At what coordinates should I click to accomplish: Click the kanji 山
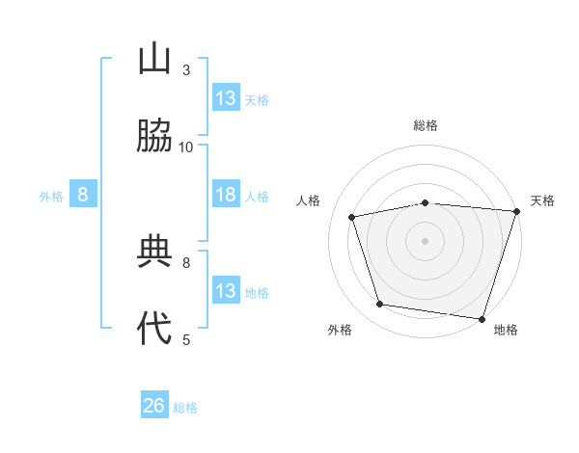pyautogui.click(x=154, y=59)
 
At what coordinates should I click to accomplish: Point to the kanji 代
pyautogui.click(x=154, y=328)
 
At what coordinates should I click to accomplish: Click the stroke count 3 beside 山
pyautogui.click(x=186, y=69)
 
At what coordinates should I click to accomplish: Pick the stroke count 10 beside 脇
pyautogui.click(x=186, y=147)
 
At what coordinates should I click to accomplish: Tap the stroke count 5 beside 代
pyautogui.click(x=186, y=338)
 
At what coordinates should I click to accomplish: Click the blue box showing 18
pyautogui.click(x=226, y=195)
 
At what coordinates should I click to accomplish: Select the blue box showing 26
pyautogui.click(x=154, y=406)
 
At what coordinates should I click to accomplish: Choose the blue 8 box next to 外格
pyautogui.click(x=83, y=195)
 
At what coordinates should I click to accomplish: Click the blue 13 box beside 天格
pyautogui.click(x=226, y=98)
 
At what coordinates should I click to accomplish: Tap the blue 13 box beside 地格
pyautogui.click(x=226, y=291)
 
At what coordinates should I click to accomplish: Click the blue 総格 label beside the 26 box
pyautogui.click(x=186, y=408)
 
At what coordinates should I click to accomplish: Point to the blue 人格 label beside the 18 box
pyautogui.click(x=257, y=196)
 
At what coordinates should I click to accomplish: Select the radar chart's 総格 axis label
pyautogui.click(x=426, y=125)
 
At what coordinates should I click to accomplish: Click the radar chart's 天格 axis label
pyautogui.click(x=542, y=200)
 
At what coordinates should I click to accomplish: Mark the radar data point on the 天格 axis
pyautogui.click(x=516, y=211)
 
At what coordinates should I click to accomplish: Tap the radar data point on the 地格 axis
pyautogui.click(x=482, y=318)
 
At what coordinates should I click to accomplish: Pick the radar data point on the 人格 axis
pyautogui.click(x=352, y=217)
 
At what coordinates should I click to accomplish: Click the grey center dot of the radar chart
pyautogui.click(x=426, y=241)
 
